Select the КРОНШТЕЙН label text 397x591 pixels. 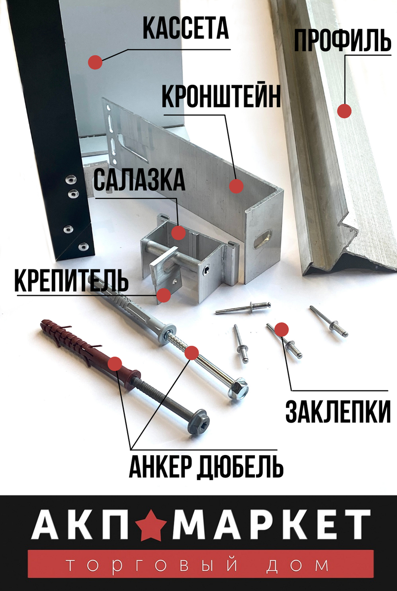221,97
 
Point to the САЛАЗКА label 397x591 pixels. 140,181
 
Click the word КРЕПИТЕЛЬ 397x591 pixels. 72,281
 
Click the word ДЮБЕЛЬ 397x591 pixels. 240,466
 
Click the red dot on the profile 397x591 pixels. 344,111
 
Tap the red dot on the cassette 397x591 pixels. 95,62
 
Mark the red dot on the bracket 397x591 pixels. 237,186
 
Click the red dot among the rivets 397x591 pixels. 281,329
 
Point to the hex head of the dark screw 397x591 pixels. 199,423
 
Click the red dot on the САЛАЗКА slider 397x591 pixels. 179,232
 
